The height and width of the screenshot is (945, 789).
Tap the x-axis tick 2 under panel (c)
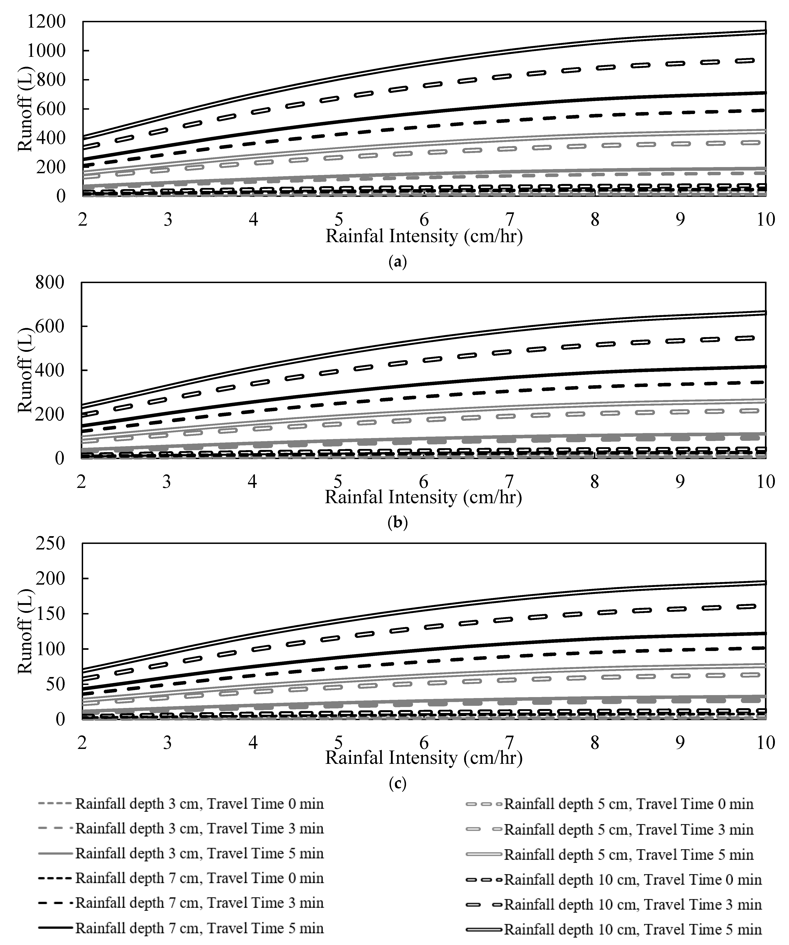[x=82, y=742]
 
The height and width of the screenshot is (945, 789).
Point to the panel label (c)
[x=397, y=783]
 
